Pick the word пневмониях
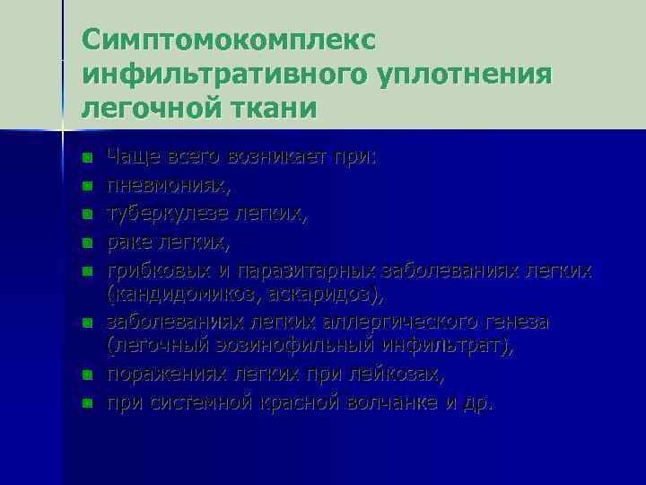coord(168,185)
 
